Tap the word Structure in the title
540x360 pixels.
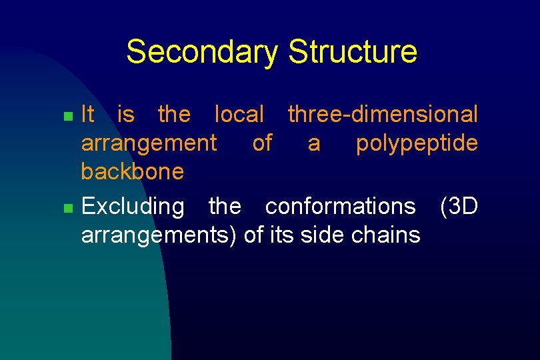(x=353, y=52)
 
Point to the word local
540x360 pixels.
(x=239, y=115)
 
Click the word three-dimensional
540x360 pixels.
(x=383, y=115)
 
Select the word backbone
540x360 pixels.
(x=132, y=172)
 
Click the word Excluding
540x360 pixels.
(x=132, y=207)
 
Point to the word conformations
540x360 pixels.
(x=340, y=207)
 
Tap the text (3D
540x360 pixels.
(x=459, y=207)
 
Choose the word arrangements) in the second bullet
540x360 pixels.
(x=159, y=235)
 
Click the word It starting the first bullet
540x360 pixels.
(x=87, y=115)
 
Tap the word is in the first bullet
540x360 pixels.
(x=125, y=115)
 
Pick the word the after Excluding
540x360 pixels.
(x=225, y=207)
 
